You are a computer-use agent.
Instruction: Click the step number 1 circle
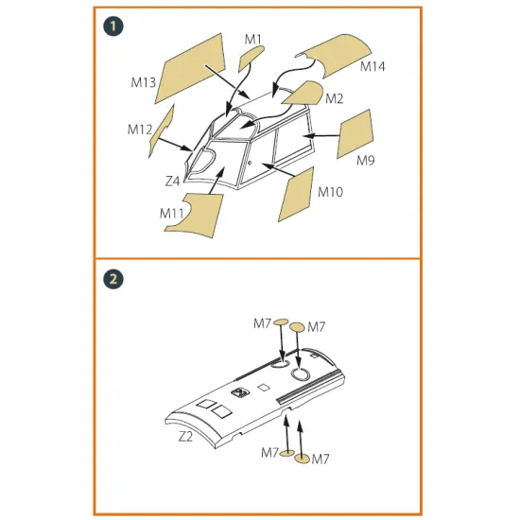tap(113, 26)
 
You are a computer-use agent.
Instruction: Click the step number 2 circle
tap(113, 279)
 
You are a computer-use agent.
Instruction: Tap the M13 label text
tap(144, 82)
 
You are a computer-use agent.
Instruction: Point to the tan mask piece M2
tap(305, 93)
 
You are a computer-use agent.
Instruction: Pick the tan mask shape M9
tap(355, 133)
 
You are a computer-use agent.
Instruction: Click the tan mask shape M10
tap(297, 195)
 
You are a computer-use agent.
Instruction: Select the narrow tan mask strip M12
tap(162, 130)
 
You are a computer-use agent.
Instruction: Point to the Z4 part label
tap(172, 182)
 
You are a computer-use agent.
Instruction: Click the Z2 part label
tap(185, 437)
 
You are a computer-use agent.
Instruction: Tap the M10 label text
tap(330, 192)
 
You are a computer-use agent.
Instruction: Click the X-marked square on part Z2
tap(240, 392)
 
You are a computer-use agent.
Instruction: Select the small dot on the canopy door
tap(250, 163)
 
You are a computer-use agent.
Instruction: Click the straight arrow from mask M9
tap(321, 135)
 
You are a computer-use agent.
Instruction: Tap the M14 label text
tap(373, 66)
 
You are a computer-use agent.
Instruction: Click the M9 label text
tap(366, 161)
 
